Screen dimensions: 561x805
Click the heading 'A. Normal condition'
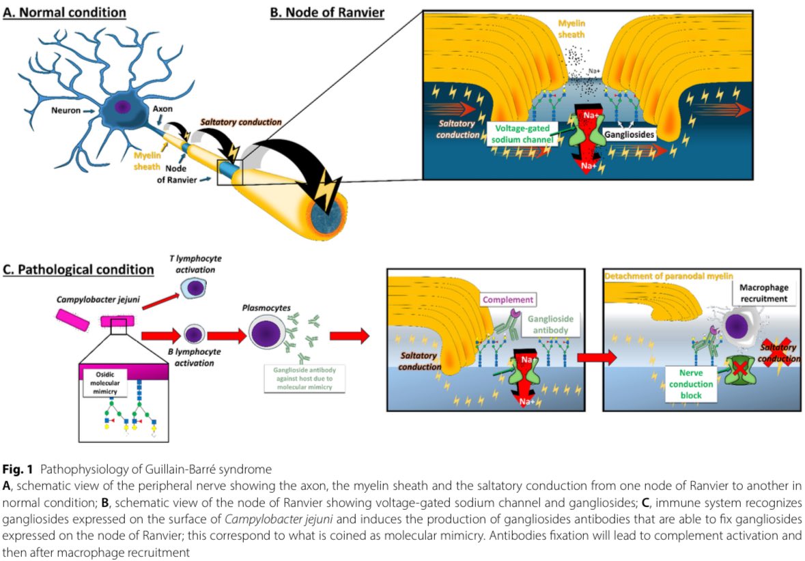64,12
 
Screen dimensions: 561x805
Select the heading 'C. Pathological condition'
79,269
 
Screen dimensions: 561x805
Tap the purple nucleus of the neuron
124,107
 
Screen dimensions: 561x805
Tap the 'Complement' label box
508,300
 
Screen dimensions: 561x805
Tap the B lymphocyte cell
193,334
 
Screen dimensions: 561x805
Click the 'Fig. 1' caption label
15,469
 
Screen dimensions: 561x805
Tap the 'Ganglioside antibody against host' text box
305,378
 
